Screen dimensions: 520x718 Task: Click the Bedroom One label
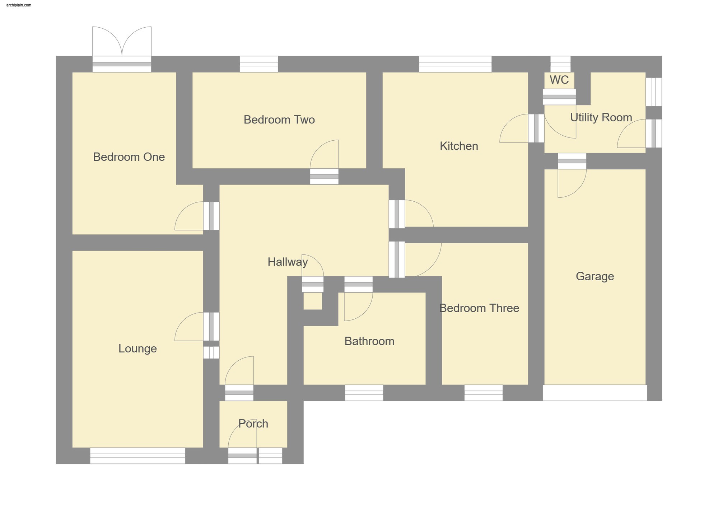point(129,157)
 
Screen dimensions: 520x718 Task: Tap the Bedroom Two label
point(279,120)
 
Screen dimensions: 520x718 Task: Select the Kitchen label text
point(459,146)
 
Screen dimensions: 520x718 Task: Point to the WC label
point(559,80)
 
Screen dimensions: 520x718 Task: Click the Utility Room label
point(601,117)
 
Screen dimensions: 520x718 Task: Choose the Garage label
point(595,276)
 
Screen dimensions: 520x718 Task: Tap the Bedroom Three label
point(479,308)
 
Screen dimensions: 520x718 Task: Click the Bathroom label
point(369,341)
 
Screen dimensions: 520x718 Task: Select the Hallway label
point(288,262)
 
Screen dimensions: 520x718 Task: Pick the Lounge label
point(137,348)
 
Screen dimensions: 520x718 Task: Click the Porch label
point(253,423)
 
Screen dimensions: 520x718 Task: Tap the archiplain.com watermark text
point(19,5)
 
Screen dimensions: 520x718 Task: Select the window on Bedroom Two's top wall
point(259,64)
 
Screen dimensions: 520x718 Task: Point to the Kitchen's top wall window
point(455,64)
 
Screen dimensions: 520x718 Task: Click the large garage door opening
point(595,393)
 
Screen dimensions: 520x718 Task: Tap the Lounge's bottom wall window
point(137,456)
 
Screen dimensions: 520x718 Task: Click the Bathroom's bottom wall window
point(364,393)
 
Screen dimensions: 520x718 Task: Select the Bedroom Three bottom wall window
point(483,393)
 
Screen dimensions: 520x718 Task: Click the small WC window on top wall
point(560,64)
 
